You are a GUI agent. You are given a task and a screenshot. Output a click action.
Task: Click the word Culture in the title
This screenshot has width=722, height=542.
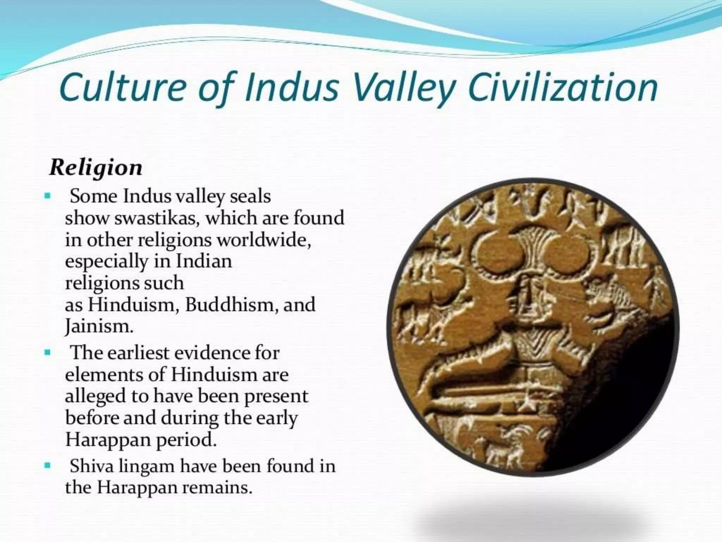(122, 88)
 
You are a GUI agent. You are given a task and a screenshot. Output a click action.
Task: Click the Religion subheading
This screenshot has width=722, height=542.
(96, 168)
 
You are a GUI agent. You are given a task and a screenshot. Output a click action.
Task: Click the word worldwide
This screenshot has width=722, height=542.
(263, 240)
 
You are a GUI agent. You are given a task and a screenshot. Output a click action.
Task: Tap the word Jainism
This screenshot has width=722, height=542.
(99, 327)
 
